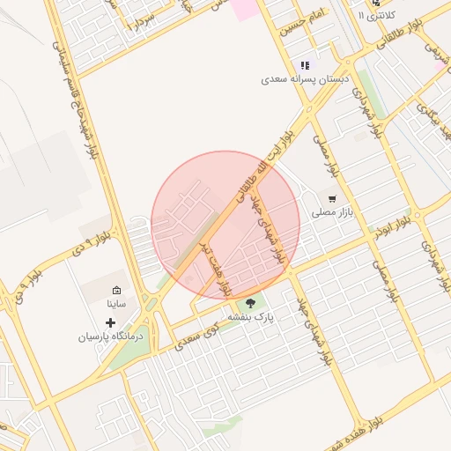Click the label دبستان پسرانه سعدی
pyautogui.click(x=306, y=78)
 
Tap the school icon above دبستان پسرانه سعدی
pyautogui.click(x=305, y=65)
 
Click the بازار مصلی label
pyautogui.click(x=331, y=212)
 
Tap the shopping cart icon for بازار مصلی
pyautogui.click(x=332, y=199)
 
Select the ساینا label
pyautogui.click(x=117, y=303)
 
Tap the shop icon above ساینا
pyautogui.click(x=117, y=290)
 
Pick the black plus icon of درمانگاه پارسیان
pyautogui.click(x=110, y=323)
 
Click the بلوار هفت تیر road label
pyautogui.click(x=214, y=264)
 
